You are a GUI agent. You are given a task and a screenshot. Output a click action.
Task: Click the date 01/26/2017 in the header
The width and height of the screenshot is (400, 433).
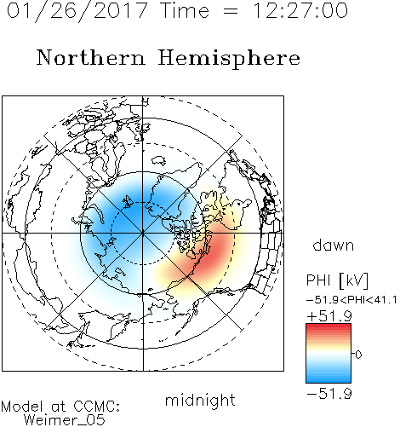click(77, 10)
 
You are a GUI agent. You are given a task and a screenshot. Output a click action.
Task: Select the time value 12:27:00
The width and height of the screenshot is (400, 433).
click(300, 10)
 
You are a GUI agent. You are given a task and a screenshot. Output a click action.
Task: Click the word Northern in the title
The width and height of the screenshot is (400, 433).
click(91, 58)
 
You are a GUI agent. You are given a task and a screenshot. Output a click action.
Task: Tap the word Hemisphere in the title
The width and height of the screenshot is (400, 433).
click(229, 59)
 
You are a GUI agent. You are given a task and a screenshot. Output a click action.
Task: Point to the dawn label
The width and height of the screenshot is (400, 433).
click(334, 245)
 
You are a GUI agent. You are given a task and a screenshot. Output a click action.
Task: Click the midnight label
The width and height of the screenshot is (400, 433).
click(200, 401)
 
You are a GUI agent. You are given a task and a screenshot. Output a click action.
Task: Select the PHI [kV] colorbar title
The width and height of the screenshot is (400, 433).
click(338, 280)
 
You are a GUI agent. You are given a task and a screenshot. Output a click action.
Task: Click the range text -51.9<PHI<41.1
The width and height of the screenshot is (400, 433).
click(351, 300)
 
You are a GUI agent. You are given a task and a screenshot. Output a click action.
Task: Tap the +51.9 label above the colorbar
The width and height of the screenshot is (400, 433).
click(329, 316)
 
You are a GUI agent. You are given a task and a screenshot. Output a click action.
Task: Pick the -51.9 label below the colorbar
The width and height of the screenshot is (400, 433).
click(329, 394)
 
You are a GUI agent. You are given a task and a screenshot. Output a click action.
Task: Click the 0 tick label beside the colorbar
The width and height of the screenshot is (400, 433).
click(358, 355)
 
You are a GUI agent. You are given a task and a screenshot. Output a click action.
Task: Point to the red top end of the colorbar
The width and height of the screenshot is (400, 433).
click(329, 326)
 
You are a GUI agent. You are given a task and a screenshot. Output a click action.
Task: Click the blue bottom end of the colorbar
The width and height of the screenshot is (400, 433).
click(329, 380)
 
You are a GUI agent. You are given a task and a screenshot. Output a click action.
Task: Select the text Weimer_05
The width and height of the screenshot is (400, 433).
click(65, 420)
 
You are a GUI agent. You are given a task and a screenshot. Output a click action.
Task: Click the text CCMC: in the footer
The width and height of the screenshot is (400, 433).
click(96, 407)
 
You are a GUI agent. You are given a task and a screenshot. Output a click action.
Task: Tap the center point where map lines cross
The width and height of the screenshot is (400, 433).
click(143, 234)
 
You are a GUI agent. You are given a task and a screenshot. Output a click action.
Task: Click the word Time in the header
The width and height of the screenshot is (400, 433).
click(185, 10)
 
